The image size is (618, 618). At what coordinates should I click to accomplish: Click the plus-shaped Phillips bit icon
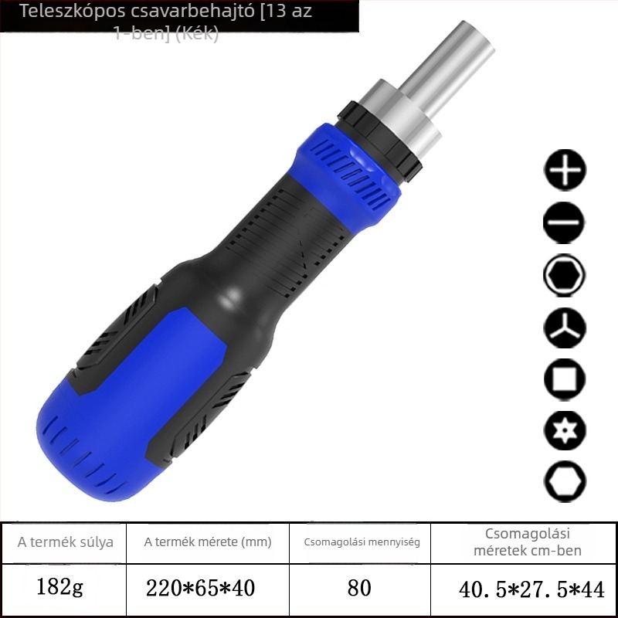tap(565, 170)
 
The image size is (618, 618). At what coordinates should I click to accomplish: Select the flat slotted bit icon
tap(565, 222)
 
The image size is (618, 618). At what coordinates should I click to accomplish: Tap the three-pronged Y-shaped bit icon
tap(565, 328)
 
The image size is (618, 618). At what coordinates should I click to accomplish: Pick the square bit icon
tap(565, 379)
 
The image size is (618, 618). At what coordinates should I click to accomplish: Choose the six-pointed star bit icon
tap(565, 430)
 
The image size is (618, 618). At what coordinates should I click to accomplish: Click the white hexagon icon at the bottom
tap(565, 481)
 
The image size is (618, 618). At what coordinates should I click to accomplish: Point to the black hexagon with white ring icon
tap(565, 275)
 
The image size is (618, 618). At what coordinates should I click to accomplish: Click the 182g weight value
tap(59, 588)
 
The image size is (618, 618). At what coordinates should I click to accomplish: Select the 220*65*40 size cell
tap(200, 588)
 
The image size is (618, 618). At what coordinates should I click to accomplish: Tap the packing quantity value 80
tap(359, 588)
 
